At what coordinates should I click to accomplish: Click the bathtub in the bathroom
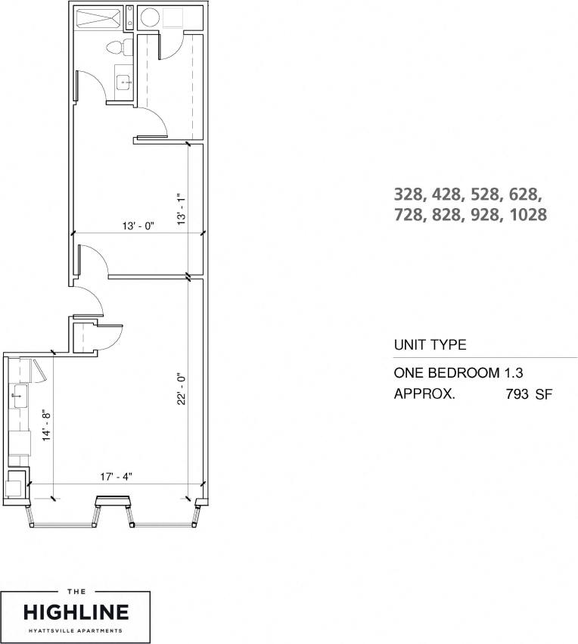pyautogui.click(x=97, y=17)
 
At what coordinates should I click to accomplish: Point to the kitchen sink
pyautogui.click(x=18, y=394)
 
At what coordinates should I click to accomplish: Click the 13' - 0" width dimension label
pyautogui.click(x=138, y=225)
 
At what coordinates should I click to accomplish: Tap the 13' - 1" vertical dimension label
pyautogui.click(x=179, y=207)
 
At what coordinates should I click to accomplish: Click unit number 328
pyautogui.click(x=410, y=193)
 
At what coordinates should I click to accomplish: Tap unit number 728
pyautogui.click(x=410, y=215)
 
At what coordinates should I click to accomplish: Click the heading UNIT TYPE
pyautogui.click(x=430, y=345)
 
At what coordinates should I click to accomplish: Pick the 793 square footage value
pyautogui.click(x=517, y=394)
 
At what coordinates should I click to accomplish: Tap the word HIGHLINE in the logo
pyautogui.click(x=76, y=611)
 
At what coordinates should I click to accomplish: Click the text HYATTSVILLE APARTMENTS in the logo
pyautogui.click(x=76, y=630)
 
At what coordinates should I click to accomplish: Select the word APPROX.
pyautogui.click(x=424, y=394)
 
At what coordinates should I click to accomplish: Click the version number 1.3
pyautogui.click(x=514, y=373)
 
